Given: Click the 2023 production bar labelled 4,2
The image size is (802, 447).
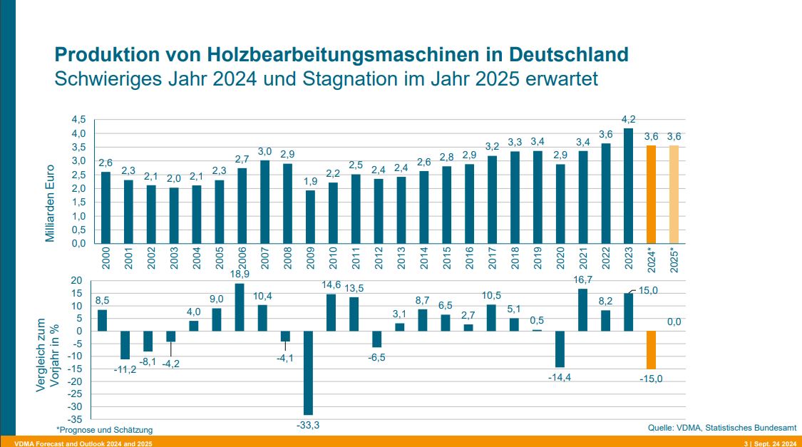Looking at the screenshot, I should point(628,186).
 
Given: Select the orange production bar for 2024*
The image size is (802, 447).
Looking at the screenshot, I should point(651,194).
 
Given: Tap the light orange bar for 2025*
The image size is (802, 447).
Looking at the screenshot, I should point(674,194).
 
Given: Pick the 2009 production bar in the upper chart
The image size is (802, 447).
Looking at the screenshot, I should point(310,216).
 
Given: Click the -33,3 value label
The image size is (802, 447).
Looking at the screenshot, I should point(307,426).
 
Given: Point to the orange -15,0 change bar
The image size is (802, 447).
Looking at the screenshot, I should point(651,349).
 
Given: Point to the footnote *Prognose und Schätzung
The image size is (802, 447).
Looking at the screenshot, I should point(105,430).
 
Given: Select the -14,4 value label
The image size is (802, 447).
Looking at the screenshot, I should point(560,376).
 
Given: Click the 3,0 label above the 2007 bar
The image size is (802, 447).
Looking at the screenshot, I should point(264,152).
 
